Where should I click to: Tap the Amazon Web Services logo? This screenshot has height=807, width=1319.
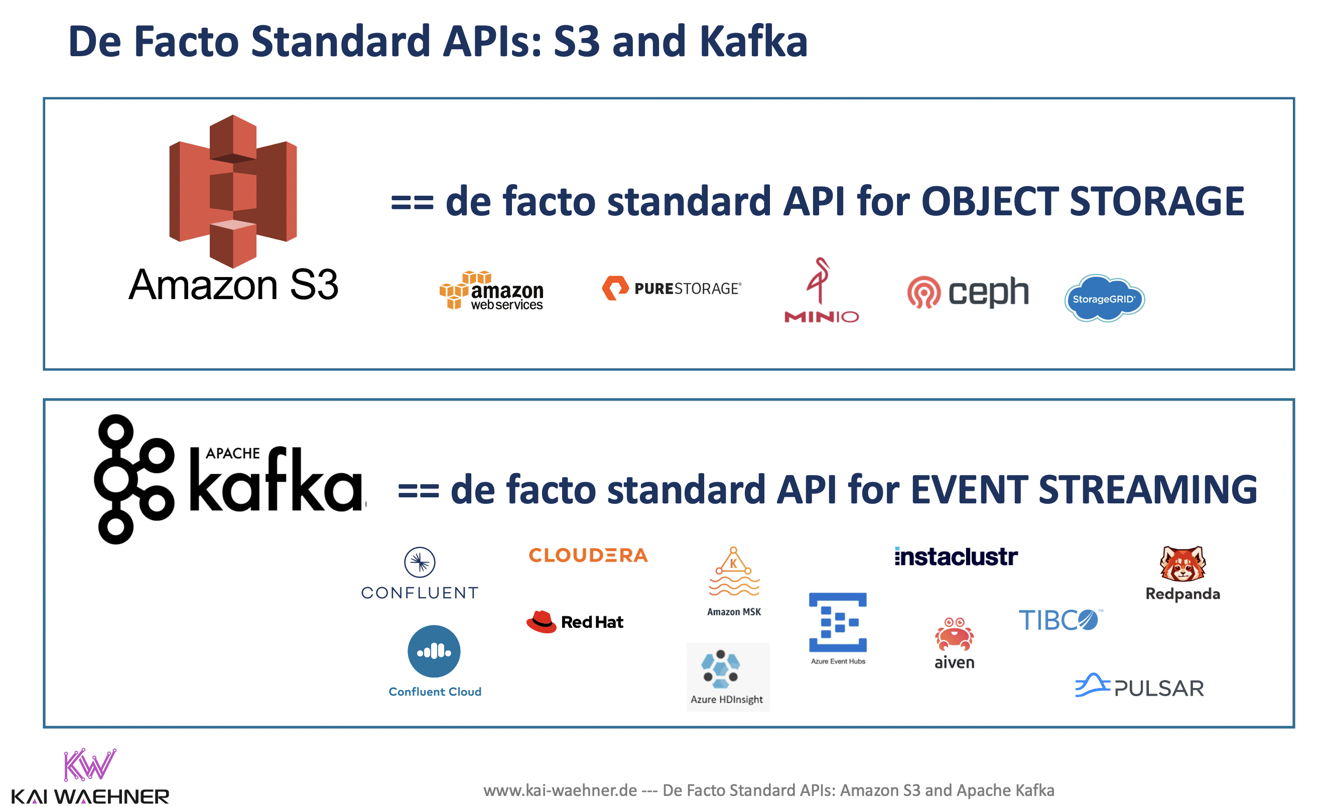(x=491, y=291)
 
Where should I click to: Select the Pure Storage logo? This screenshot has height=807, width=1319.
(x=671, y=289)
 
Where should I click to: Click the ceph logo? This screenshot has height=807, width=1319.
(x=968, y=292)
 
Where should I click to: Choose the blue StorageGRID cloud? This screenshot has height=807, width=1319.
(x=1104, y=299)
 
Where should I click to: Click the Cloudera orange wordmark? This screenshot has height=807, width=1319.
(x=588, y=556)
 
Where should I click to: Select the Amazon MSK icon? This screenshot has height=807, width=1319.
(x=734, y=573)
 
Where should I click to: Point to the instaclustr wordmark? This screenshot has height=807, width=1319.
(x=956, y=557)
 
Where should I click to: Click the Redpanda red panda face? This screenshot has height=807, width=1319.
(x=1182, y=564)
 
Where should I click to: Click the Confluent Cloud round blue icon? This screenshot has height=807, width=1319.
(x=434, y=651)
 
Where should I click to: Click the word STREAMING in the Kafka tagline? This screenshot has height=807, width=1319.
(x=1148, y=490)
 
